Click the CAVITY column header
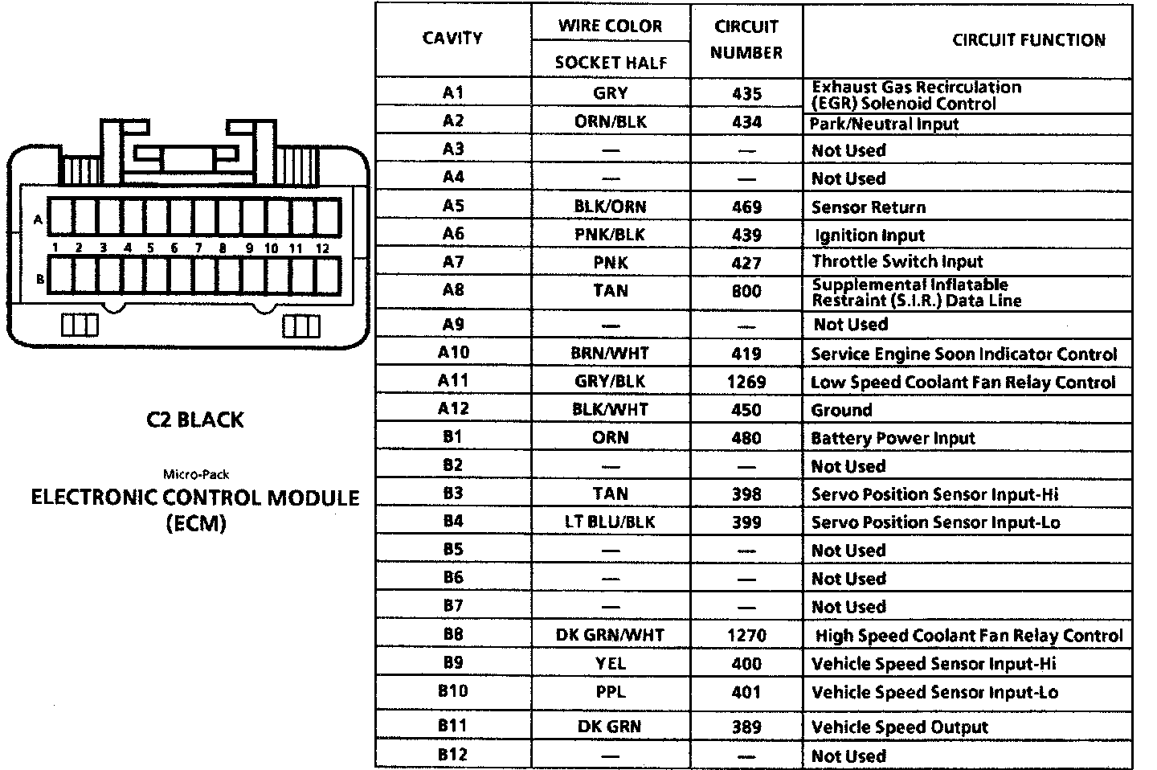click(x=452, y=39)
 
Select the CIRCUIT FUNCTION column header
click(x=1028, y=40)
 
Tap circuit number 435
click(x=746, y=93)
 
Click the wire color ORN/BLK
click(x=611, y=122)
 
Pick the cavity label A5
click(x=453, y=206)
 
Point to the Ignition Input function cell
click(x=869, y=236)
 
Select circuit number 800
click(x=746, y=291)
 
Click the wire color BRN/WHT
click(x=610, y=353)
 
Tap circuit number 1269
click(x=746, y=382)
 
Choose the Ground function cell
click(x=841, y=410)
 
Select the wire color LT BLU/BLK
click(x=610, y=522)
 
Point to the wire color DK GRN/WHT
click(x=610, y=635)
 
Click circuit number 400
click(x=746, y=664)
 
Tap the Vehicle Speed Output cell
click(x=900, y=727)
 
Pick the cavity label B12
click(x=453, y=755)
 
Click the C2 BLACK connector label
click(x=195, y=420)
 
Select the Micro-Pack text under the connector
click(x=196, y=474)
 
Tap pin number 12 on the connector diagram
click(x=322, y=248)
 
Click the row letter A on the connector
click(x=38, y=219)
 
